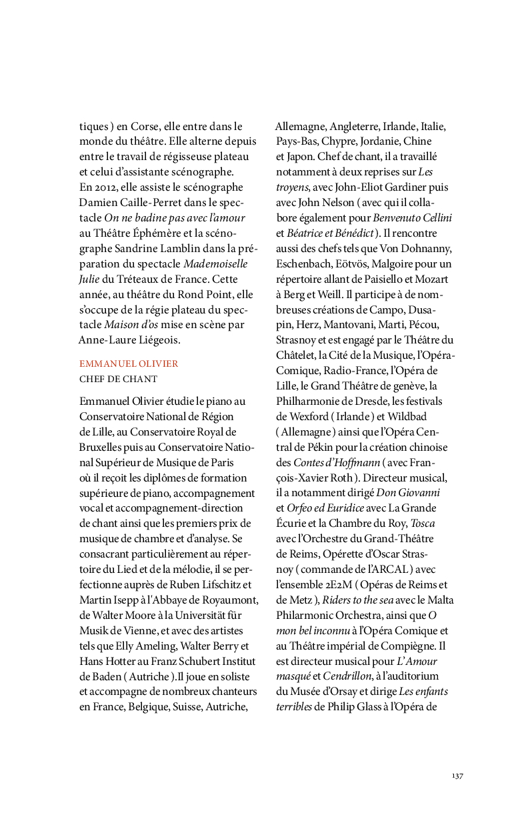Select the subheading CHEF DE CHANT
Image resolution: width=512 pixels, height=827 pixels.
click(x=118, y=379)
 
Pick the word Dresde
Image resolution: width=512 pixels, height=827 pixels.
click(x=369, y=401)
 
